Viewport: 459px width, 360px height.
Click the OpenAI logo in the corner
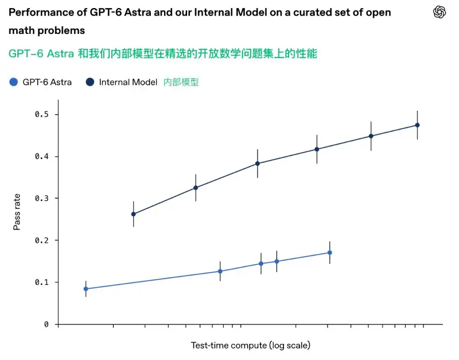(x=439, y=12)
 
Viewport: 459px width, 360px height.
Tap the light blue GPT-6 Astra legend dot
(x=13, y=82)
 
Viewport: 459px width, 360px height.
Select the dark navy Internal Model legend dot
(x=90, y=82)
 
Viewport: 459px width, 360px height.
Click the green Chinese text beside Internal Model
(x=181, y=82)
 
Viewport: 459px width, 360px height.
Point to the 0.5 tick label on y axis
(x=41, y=114)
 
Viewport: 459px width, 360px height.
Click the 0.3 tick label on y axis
(x=41, y=198)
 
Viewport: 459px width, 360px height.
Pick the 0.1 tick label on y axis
(x=41, y=282)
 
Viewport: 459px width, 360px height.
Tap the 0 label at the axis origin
(x=46, y=324)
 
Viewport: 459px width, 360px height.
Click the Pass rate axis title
(x=17, y=212)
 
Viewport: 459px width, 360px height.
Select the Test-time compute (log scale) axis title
(x=251, y=345)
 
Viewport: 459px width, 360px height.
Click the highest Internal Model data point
(x=418, y=125)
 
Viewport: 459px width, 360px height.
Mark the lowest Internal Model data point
(x=134, y=214)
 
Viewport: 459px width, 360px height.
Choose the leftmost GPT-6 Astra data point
(x=85, y=289)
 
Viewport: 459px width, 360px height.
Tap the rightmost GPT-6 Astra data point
(x=329, y=253)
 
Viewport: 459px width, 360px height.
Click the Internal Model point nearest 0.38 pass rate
(x=258, y=164)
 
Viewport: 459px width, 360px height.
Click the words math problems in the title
(x=47, y=30)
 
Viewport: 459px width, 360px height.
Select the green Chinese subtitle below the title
(x=163, y=53)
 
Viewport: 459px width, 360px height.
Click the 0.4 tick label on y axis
(x=41, y=156)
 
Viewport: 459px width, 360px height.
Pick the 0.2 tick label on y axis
(x=41, y=241)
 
